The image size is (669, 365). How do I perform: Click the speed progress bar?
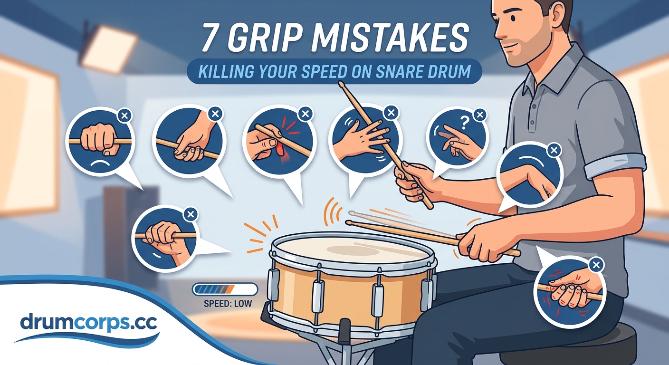(x=225, y=289)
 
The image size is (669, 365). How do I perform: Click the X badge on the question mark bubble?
(x=480, y=114)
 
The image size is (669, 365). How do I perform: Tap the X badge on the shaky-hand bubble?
(x=596, y=265)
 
